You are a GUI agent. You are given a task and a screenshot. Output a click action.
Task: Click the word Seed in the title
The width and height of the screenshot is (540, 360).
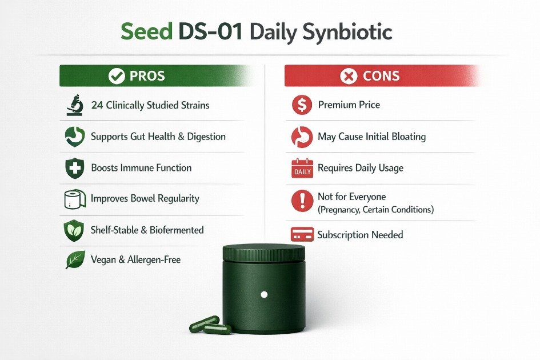(x=146, y=31)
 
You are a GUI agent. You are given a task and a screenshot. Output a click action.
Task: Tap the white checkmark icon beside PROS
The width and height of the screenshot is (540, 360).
(x=117, y=76)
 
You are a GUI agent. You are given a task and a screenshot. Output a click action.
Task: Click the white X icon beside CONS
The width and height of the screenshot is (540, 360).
(x=349, y=76)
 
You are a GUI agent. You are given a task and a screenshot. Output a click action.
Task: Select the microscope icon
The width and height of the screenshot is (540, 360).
(x=75, y=105)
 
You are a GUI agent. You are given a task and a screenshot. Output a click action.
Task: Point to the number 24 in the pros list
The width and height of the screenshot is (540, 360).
(x=97, y=105)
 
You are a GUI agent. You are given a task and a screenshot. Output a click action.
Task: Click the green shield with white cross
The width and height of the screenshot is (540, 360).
(x=75, y=168)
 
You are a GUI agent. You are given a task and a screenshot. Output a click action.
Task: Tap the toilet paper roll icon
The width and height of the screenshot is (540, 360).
(x=75, y=199)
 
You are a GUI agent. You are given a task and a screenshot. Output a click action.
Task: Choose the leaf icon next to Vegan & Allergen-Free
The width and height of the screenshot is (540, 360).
(x=75, y=259)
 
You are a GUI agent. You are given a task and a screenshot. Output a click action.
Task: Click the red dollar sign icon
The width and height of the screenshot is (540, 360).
(x=302, y=105)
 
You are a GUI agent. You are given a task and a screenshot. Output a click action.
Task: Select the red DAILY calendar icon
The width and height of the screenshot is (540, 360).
(x=302, y=168)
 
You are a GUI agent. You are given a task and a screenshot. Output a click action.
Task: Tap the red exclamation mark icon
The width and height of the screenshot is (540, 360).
(x=302, y=201)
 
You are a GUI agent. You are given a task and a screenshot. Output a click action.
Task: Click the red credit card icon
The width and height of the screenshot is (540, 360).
(x=302, y=234)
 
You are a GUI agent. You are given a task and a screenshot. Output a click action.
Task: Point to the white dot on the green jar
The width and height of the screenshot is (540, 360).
(x=264, y=294)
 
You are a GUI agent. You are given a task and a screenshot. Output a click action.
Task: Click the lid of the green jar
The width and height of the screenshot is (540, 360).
(x=264, y=253)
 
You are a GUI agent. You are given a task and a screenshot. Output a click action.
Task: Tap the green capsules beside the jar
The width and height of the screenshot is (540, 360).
(x=210, y=325)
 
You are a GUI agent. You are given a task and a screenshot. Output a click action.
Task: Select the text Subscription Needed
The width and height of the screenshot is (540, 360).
(x=360, y=235)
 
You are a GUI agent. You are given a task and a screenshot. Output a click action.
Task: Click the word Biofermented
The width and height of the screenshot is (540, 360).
(x=177, y=230)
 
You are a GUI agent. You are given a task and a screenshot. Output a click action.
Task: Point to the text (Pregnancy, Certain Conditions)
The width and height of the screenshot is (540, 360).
(x=376, y=210)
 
